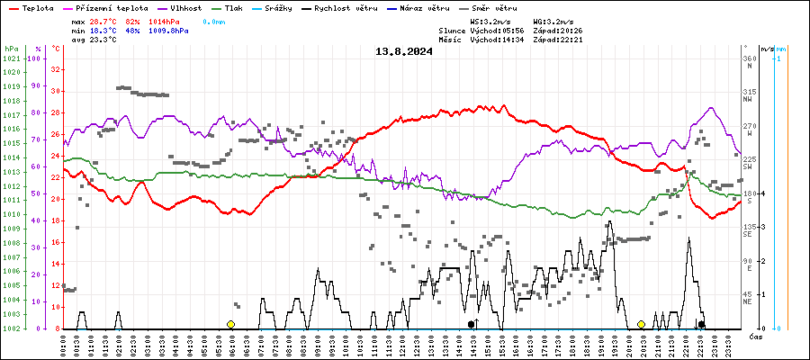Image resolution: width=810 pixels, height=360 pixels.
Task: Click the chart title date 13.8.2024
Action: tap(404, 51)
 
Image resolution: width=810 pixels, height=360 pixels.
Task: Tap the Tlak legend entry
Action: tap(234, 7)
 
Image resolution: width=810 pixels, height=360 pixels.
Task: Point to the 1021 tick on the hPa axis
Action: tap(12, 58)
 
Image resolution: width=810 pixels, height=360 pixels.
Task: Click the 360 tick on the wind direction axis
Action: tap(749, 58)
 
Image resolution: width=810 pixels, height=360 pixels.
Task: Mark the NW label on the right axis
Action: tap(748, 100)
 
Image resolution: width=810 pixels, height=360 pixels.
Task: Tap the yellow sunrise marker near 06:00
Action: tap(230, 324)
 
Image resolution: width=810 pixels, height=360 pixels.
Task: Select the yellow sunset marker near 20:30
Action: tap(641, 324)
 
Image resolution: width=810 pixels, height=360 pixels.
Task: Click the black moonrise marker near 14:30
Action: tap(471, 324)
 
